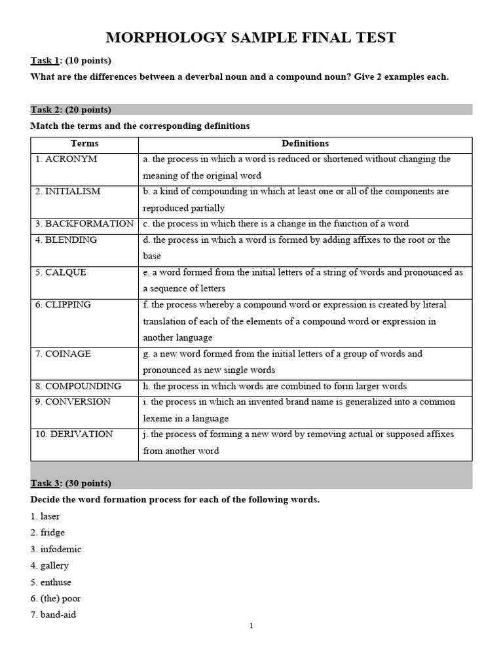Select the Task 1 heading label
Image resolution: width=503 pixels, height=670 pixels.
click(46, 61)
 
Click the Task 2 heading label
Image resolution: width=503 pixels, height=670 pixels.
click(46, 109)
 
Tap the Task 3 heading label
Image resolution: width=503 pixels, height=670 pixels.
click(46, 483)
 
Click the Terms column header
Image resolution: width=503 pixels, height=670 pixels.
click(84, 143)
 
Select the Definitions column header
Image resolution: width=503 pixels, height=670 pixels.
click(305, 143)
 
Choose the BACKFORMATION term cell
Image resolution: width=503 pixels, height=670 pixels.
click(84, 223)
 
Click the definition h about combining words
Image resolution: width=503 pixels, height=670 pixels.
click(275, 386)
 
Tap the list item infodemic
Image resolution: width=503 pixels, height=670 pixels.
click(56, 549)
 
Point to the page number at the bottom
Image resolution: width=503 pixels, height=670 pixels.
click(251, 626)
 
